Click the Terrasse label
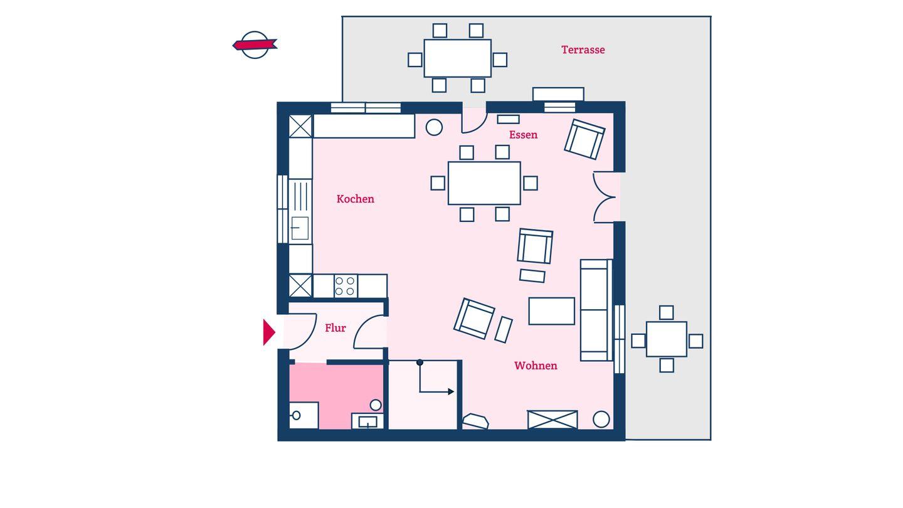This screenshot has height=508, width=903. pos(583,50)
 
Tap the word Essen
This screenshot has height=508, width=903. pos(523,135)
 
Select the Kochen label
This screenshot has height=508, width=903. pos(355,199)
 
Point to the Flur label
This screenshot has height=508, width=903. pos(335,328)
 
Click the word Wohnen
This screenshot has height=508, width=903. pos(536,366)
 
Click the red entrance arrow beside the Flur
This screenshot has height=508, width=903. pos(269,332)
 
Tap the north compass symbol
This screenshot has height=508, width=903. pos(255,45)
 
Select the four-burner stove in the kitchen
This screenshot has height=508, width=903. pos(346,286)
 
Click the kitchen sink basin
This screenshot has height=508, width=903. pos(300,228)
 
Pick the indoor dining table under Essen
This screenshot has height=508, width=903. pos(484,183)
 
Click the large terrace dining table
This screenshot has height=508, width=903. pos(458,58)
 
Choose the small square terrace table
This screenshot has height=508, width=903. pos(667,339)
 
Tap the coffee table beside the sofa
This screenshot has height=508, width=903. pos(551,311)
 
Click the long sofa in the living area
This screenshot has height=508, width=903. pos(596,310)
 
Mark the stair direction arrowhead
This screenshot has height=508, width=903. pos(451,391)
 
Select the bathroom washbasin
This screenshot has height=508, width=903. pos(367,421)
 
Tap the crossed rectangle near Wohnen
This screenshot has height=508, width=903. pos(552,420)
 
